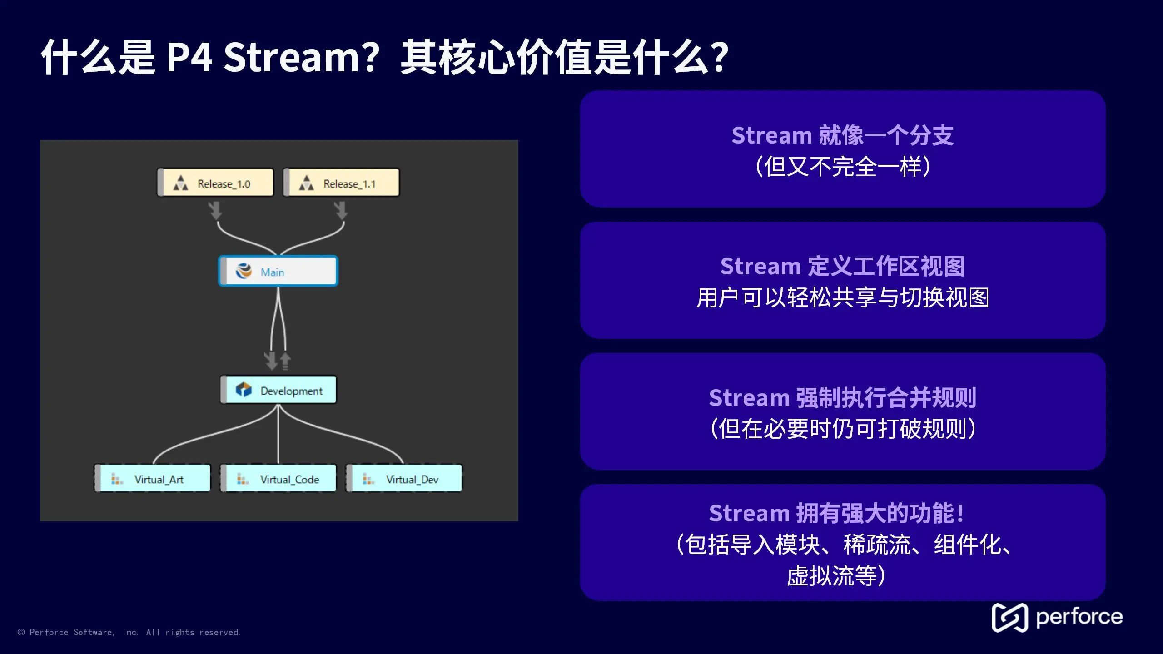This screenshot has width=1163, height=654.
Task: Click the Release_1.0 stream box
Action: pyautogui.click(x=215, y=183)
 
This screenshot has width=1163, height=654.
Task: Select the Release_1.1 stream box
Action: pyautogui.click(x=341, y=183)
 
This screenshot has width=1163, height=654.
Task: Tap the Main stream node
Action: pyautogui.click(x=278, y=272)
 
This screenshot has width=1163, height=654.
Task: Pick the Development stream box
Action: pyautogui.click(x=278, y=390)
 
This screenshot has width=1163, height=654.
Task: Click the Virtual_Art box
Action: pyautogui.click(x=153, y=478)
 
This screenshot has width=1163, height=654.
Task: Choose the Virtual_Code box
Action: pyautogui.click(x=278, y=478)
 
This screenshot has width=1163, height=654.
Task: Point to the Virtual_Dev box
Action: pyautogui.click(x=404, y=478)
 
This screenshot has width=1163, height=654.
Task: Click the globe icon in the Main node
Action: pyautogui.click(x=244, y=271)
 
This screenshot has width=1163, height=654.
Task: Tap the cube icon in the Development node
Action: pyautogui.click(x=244, y=390)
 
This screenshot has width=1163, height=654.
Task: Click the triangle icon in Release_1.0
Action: pyautogui.click(x=181, y=183)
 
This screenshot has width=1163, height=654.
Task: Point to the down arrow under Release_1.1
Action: pyautogui.click(x=341, y=211)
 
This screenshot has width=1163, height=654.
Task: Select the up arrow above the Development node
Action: pyautogui.click(x=285, y=361)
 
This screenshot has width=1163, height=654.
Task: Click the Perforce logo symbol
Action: pyautogui.click(x=1009, y=618)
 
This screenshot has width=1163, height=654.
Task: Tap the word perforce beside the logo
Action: pyautogui.click(x=1079, y=617)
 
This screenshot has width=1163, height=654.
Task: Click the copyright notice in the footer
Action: pyautogui.click(x=129, y=632)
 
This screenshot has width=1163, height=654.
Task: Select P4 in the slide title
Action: pyautogui.click(x=189, y=57)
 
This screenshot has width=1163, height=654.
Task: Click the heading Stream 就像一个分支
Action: pyautogui.click(x=842, y=135)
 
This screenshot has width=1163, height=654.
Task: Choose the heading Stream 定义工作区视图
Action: pyautogui.click(x=842, y=266)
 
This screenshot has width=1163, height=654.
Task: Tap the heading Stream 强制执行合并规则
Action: pyautogui.click(x=842, y=398)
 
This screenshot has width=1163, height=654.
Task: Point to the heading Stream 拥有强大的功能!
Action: pyautogui.click(x=836, y=514)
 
